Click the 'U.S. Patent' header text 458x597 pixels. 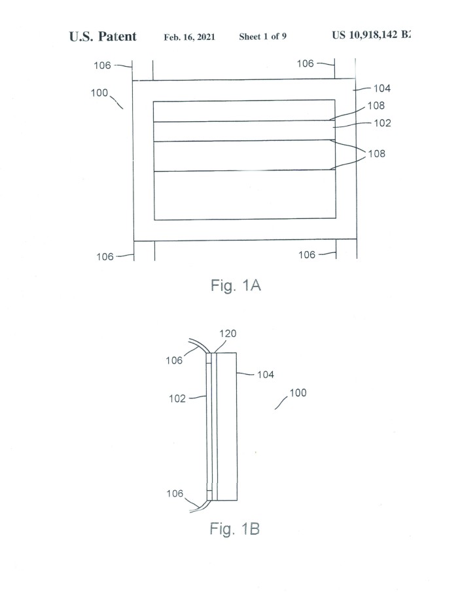pos(103,37)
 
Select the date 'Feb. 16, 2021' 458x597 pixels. pos(189,37)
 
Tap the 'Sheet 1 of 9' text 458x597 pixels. pos(262,37)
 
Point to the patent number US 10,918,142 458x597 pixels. pos(371,35)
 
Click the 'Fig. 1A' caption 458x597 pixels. pos(236,286)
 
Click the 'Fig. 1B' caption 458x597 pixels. pos(234,529)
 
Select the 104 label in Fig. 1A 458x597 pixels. pos(382,88)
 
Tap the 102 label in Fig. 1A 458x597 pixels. pos(382,123)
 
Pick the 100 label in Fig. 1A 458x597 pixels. pos(99,93)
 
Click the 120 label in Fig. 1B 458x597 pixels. pos(228,334)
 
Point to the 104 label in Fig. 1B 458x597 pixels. pos(265,375)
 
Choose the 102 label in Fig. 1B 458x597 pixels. pos(177,398)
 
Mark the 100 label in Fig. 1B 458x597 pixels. pos(298,393)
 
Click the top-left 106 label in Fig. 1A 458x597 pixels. pos(102,66)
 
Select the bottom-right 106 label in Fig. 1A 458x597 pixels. pos(307,255)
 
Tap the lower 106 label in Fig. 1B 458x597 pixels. pos(175,493)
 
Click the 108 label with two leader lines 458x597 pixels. pos(377,153)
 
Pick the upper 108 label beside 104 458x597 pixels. pos(376,106)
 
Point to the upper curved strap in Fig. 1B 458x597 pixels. pos(200,344)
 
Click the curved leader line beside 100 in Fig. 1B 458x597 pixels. pos(281,402)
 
